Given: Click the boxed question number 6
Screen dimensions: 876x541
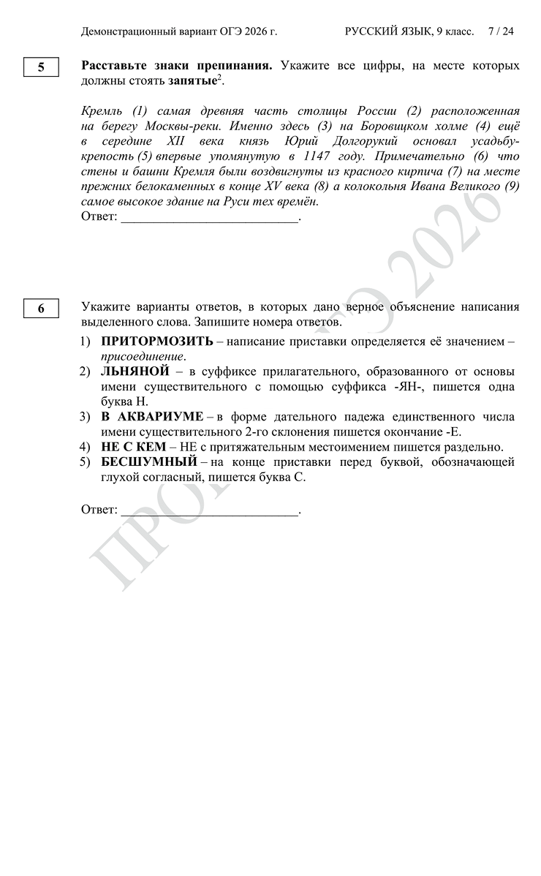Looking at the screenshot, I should click(x=41, y=309).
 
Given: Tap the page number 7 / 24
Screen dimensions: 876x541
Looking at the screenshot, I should click(x=502, y=31).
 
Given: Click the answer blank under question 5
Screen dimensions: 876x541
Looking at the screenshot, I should click(x=209, y=218).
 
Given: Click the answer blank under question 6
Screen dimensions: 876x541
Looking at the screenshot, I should click(x=209, y=510).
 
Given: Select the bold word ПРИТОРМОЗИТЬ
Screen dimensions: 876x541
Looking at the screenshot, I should click(x=156, y=341).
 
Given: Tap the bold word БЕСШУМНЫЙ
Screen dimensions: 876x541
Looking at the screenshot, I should click(x=149, y=462).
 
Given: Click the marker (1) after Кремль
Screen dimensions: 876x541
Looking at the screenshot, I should click(x=140, y=111).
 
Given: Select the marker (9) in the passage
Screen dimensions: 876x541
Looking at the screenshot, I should click(x=512, y=186).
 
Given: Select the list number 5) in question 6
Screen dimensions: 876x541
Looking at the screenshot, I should click(x=85, y=462).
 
